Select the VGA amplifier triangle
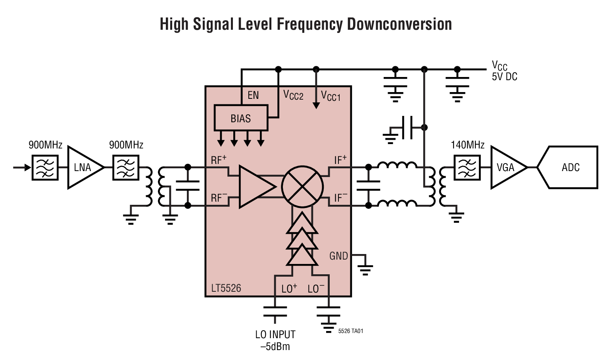click(x=505, y=167)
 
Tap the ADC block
click(x=570, y=167)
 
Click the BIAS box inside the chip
click(x=241, y=118)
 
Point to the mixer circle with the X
click(x=302, y=187)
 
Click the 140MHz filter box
click(x=467, y=167)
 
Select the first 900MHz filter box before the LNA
click(x=45, y=167)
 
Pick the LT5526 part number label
click(x=226, y=288)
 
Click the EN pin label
click(x=253, y=95)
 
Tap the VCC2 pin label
click(x=293, y=95)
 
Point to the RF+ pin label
click(x=219, y=160)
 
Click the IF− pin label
click(x=340, y=197)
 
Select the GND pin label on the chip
click(x=338, y=256)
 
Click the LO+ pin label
click(x=289, y=289)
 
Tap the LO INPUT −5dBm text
click(x=275, y=340)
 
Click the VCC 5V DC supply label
click(x=504, y=71)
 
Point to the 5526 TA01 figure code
click(x=350, y=331)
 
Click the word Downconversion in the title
click(x=399, y=24)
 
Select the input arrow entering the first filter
click(x=22, y=167)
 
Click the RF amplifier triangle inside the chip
click(x=255, y=187)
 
